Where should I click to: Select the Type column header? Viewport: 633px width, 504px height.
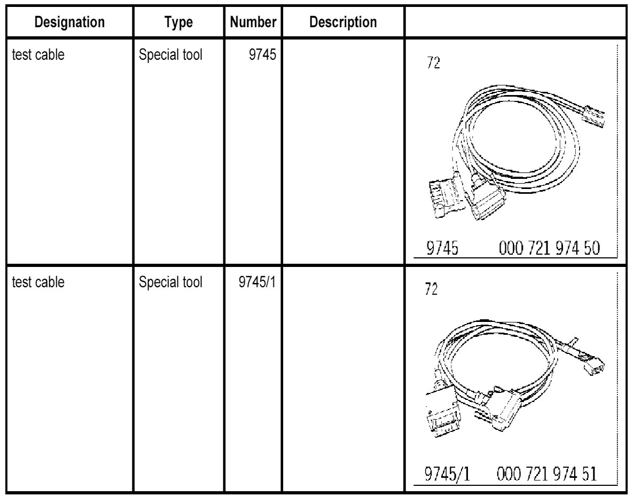click(179, 23)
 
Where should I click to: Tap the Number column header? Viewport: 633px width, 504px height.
click(253, 23)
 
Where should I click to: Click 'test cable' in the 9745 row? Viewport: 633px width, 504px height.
click(35, 55)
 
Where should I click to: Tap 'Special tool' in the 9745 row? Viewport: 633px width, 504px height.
click(171, 55)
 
